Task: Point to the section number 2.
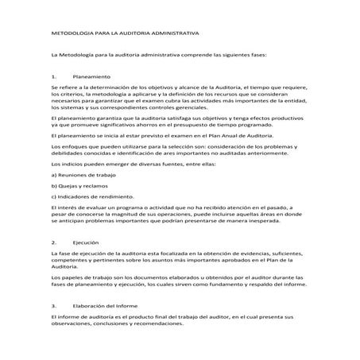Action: (x=52, y=242)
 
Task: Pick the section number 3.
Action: (x=52, y=304)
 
